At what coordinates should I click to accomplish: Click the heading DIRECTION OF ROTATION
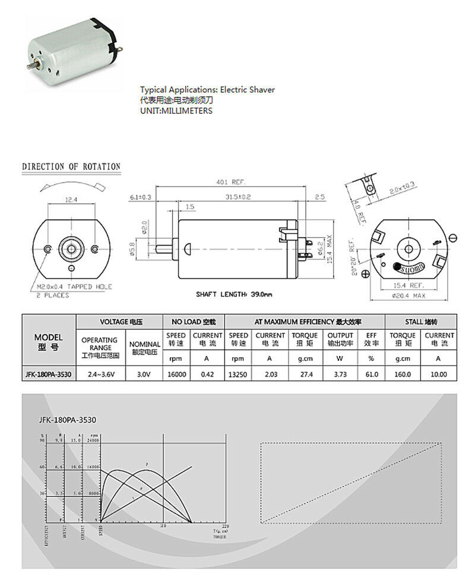(x=71, y=167)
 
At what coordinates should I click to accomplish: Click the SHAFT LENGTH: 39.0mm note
(x=234, y=294)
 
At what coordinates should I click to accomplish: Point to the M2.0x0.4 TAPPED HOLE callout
(x=72, y=287)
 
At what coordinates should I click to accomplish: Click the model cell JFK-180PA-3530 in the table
(x=49, y=374)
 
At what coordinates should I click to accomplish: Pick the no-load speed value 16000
(x=176, y=374)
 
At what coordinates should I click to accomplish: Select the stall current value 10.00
(x=439, y=374)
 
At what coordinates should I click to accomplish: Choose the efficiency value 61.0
(x=372, y=374)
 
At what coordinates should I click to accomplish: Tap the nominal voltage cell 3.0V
(x=145, y=374)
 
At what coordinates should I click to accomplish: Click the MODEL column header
(x=49, y=342)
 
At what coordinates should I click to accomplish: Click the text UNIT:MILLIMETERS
(x=176, y=111)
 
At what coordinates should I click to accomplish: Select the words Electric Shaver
(x=248, y=90)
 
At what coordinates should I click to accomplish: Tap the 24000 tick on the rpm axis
(x=91, y=440)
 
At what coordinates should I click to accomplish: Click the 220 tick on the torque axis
(x=224, y=526)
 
